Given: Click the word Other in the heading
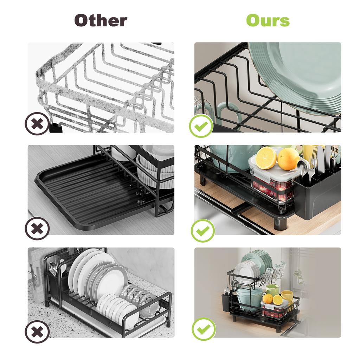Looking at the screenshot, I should (101, 21).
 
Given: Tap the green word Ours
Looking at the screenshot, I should (268, 21).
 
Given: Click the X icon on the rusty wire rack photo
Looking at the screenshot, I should (37, 124).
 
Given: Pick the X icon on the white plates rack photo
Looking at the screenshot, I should (37, 332).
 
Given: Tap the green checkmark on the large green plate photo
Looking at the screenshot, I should (201, 126).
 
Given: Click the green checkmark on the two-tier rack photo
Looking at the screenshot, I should (203, 329).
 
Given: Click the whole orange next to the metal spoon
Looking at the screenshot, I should (288, 159).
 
